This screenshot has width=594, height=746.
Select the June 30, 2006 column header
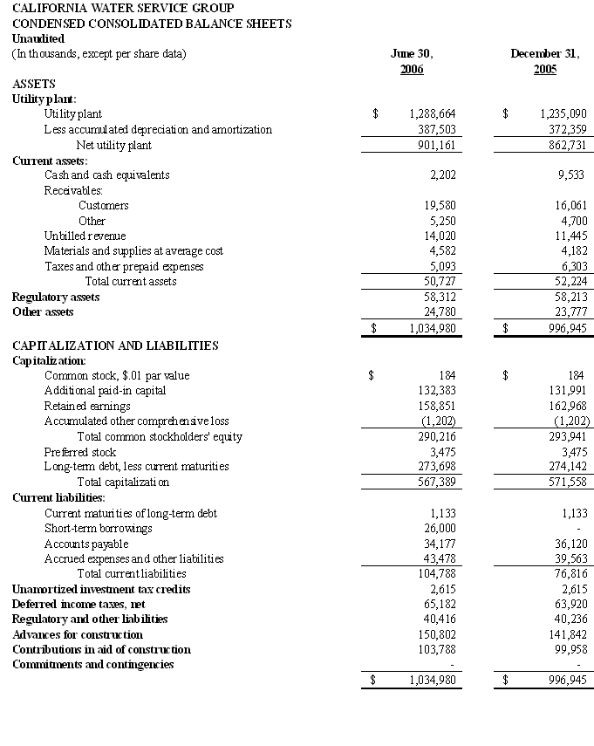[412, 61]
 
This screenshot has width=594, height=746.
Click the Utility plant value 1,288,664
[433, 114]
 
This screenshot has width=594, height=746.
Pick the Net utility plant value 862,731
[566, 145]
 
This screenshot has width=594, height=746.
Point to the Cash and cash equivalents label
[107, 175]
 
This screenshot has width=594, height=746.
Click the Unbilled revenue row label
[85, 236]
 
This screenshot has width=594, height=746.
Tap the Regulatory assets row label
[56, 298]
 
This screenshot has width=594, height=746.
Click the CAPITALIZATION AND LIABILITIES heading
[115, 346]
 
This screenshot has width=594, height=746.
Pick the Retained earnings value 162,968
[566, 407]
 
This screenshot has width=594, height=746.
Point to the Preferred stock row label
[80, 452]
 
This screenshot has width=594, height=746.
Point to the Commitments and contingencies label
[93, 665]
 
